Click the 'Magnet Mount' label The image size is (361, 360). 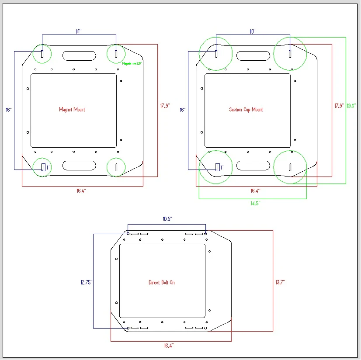(x=72, y=110)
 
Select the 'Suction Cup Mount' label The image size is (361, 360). (x=246, y=110)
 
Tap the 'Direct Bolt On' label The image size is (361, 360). (x=162, y=283)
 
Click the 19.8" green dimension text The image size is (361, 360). (x=351, y=106)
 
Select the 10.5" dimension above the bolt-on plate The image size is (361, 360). (x=167, y=218)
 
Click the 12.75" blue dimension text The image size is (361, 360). (x=86, y=283)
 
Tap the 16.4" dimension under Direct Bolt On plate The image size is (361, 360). (x=169, y=346)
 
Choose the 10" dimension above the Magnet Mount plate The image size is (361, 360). (x=79, y=31)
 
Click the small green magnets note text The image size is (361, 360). (x=132, y=63)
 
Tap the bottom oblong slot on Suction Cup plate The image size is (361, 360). (x=253, y=166)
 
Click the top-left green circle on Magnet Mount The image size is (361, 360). (x=42, y=54)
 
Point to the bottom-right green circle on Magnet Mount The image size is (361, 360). (x=116, y=167)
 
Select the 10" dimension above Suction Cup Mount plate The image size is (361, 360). (x=253, y=31)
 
